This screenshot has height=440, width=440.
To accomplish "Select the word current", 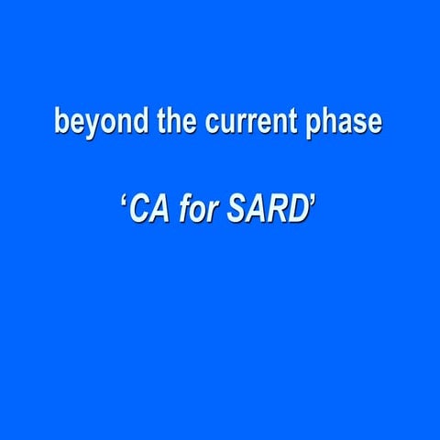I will click(x=248, y=122).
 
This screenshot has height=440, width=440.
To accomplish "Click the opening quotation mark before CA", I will click(x=122, y=202).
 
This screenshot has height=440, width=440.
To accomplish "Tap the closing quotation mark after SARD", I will click(x=313, y=202).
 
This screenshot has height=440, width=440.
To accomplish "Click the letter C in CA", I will click(x=137, y=211).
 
